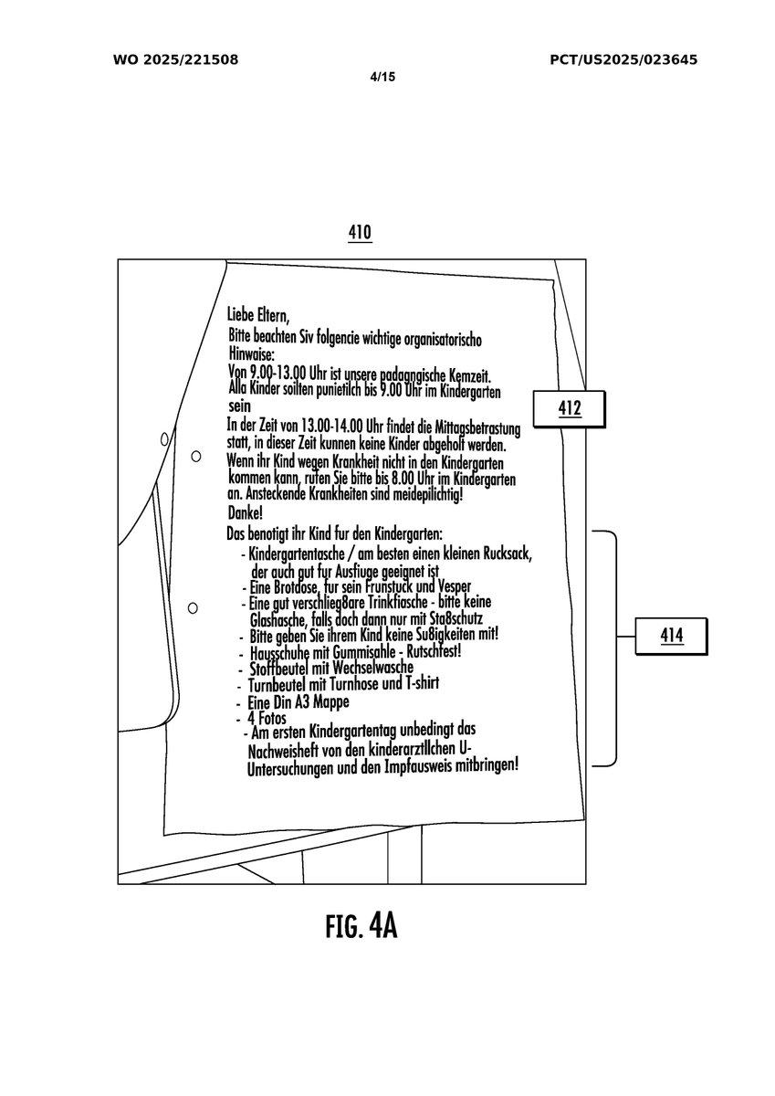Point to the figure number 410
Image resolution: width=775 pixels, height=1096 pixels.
click(360, 234)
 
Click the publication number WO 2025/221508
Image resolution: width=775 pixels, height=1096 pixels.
click(175, 60)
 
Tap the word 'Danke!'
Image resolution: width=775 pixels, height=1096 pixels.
click(243, 514)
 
